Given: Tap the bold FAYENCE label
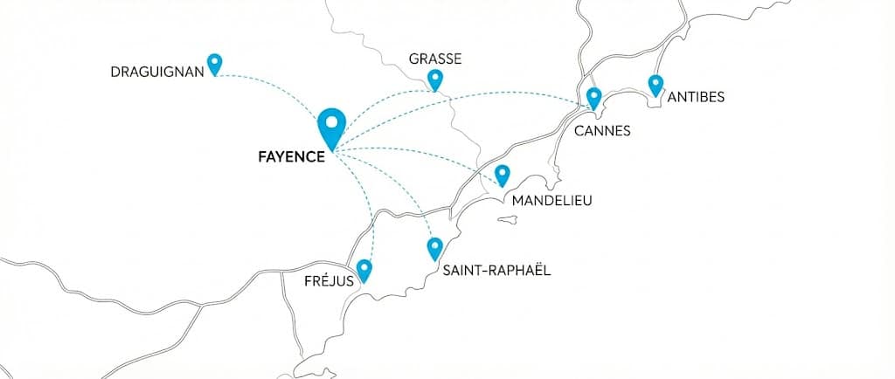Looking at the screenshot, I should tap(292, 157).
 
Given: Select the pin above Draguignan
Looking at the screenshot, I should tap(214, 63).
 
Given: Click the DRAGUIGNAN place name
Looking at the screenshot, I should tap(157, 71).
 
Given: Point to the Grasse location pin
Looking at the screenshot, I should tap(435, 79).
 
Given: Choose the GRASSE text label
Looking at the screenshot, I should tap(434, 59).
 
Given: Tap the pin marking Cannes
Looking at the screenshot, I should tap(594, 97).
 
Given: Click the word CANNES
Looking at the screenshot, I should tap(602, 131).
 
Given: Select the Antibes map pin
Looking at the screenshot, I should tap(656, 85).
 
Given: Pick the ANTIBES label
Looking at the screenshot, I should tap(695, 97).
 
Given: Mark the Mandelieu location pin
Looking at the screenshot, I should tap(502, 175).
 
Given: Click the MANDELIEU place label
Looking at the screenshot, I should tap(552, 201).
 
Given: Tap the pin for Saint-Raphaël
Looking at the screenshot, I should tap(434, 249).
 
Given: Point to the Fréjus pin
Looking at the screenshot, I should tap(364, 270).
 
